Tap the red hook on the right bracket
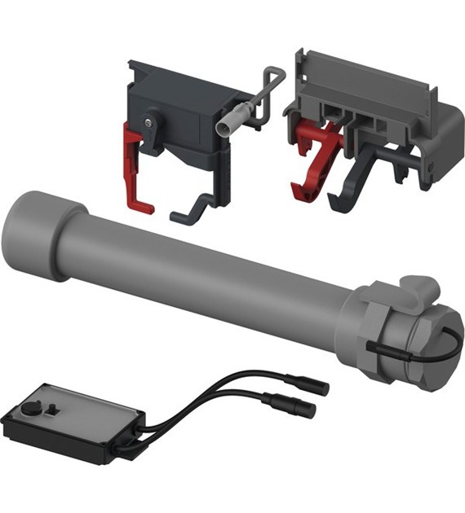311,154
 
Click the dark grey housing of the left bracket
175,106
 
